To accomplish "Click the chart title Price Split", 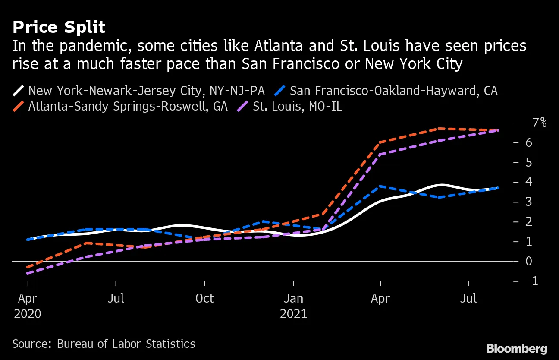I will click(x=59, y=28).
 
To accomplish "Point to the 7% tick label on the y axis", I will click(x=539, y=123).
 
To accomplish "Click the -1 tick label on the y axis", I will click(x=534, y=281).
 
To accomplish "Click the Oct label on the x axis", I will click(x=204, y=298).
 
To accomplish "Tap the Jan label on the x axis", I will click(x=293, y=298).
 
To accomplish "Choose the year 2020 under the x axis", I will click(x=28, y=313).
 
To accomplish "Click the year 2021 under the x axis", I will click(x=293, y=313).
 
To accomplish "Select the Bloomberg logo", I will click(x=516, y=348).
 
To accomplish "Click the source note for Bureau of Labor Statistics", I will click(x=104, y=344).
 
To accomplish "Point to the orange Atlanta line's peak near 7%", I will click(x=439, y=128).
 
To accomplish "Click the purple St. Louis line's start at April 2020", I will click(x=28, y=273).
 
